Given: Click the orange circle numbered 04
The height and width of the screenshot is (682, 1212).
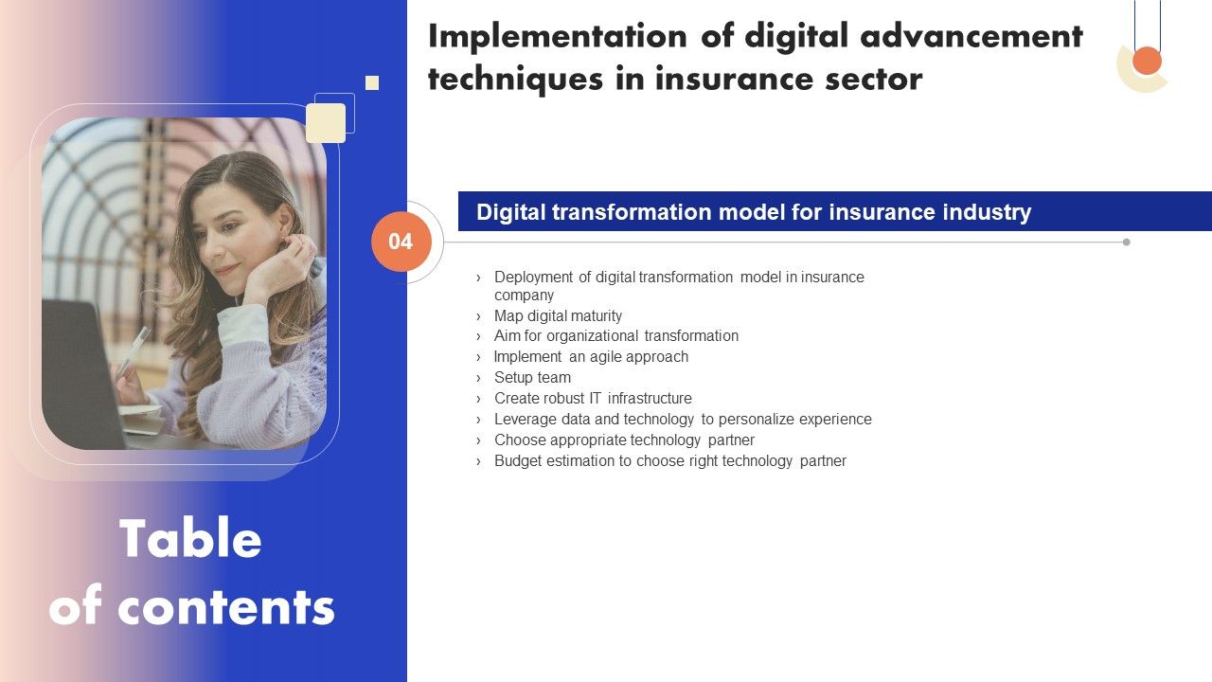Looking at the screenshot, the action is point(401,242).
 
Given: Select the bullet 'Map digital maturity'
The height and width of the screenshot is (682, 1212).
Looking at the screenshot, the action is point(558,315).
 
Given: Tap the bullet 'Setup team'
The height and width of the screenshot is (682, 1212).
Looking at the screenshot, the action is point(532,377).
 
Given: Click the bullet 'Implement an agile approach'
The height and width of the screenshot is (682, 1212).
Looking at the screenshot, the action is point(591,356).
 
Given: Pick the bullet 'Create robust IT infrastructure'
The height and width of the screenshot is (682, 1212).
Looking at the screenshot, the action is point(593,398).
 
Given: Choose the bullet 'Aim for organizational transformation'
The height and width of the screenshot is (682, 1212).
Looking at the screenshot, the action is point(615,335).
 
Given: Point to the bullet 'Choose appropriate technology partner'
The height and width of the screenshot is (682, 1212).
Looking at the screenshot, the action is point(624,440).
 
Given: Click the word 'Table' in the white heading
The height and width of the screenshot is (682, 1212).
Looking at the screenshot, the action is point(190,540).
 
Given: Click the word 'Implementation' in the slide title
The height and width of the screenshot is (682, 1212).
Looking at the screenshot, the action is point(558,36).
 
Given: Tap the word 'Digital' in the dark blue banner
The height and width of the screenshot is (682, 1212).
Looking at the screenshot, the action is point(506,211).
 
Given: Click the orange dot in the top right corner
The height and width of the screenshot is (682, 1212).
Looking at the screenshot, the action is point(1147,61).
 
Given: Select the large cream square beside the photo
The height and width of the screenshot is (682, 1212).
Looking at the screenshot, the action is point(326,123).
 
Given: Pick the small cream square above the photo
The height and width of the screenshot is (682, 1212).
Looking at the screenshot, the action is point(372,83).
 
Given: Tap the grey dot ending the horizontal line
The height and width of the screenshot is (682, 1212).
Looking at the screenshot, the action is point(1126,242).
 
